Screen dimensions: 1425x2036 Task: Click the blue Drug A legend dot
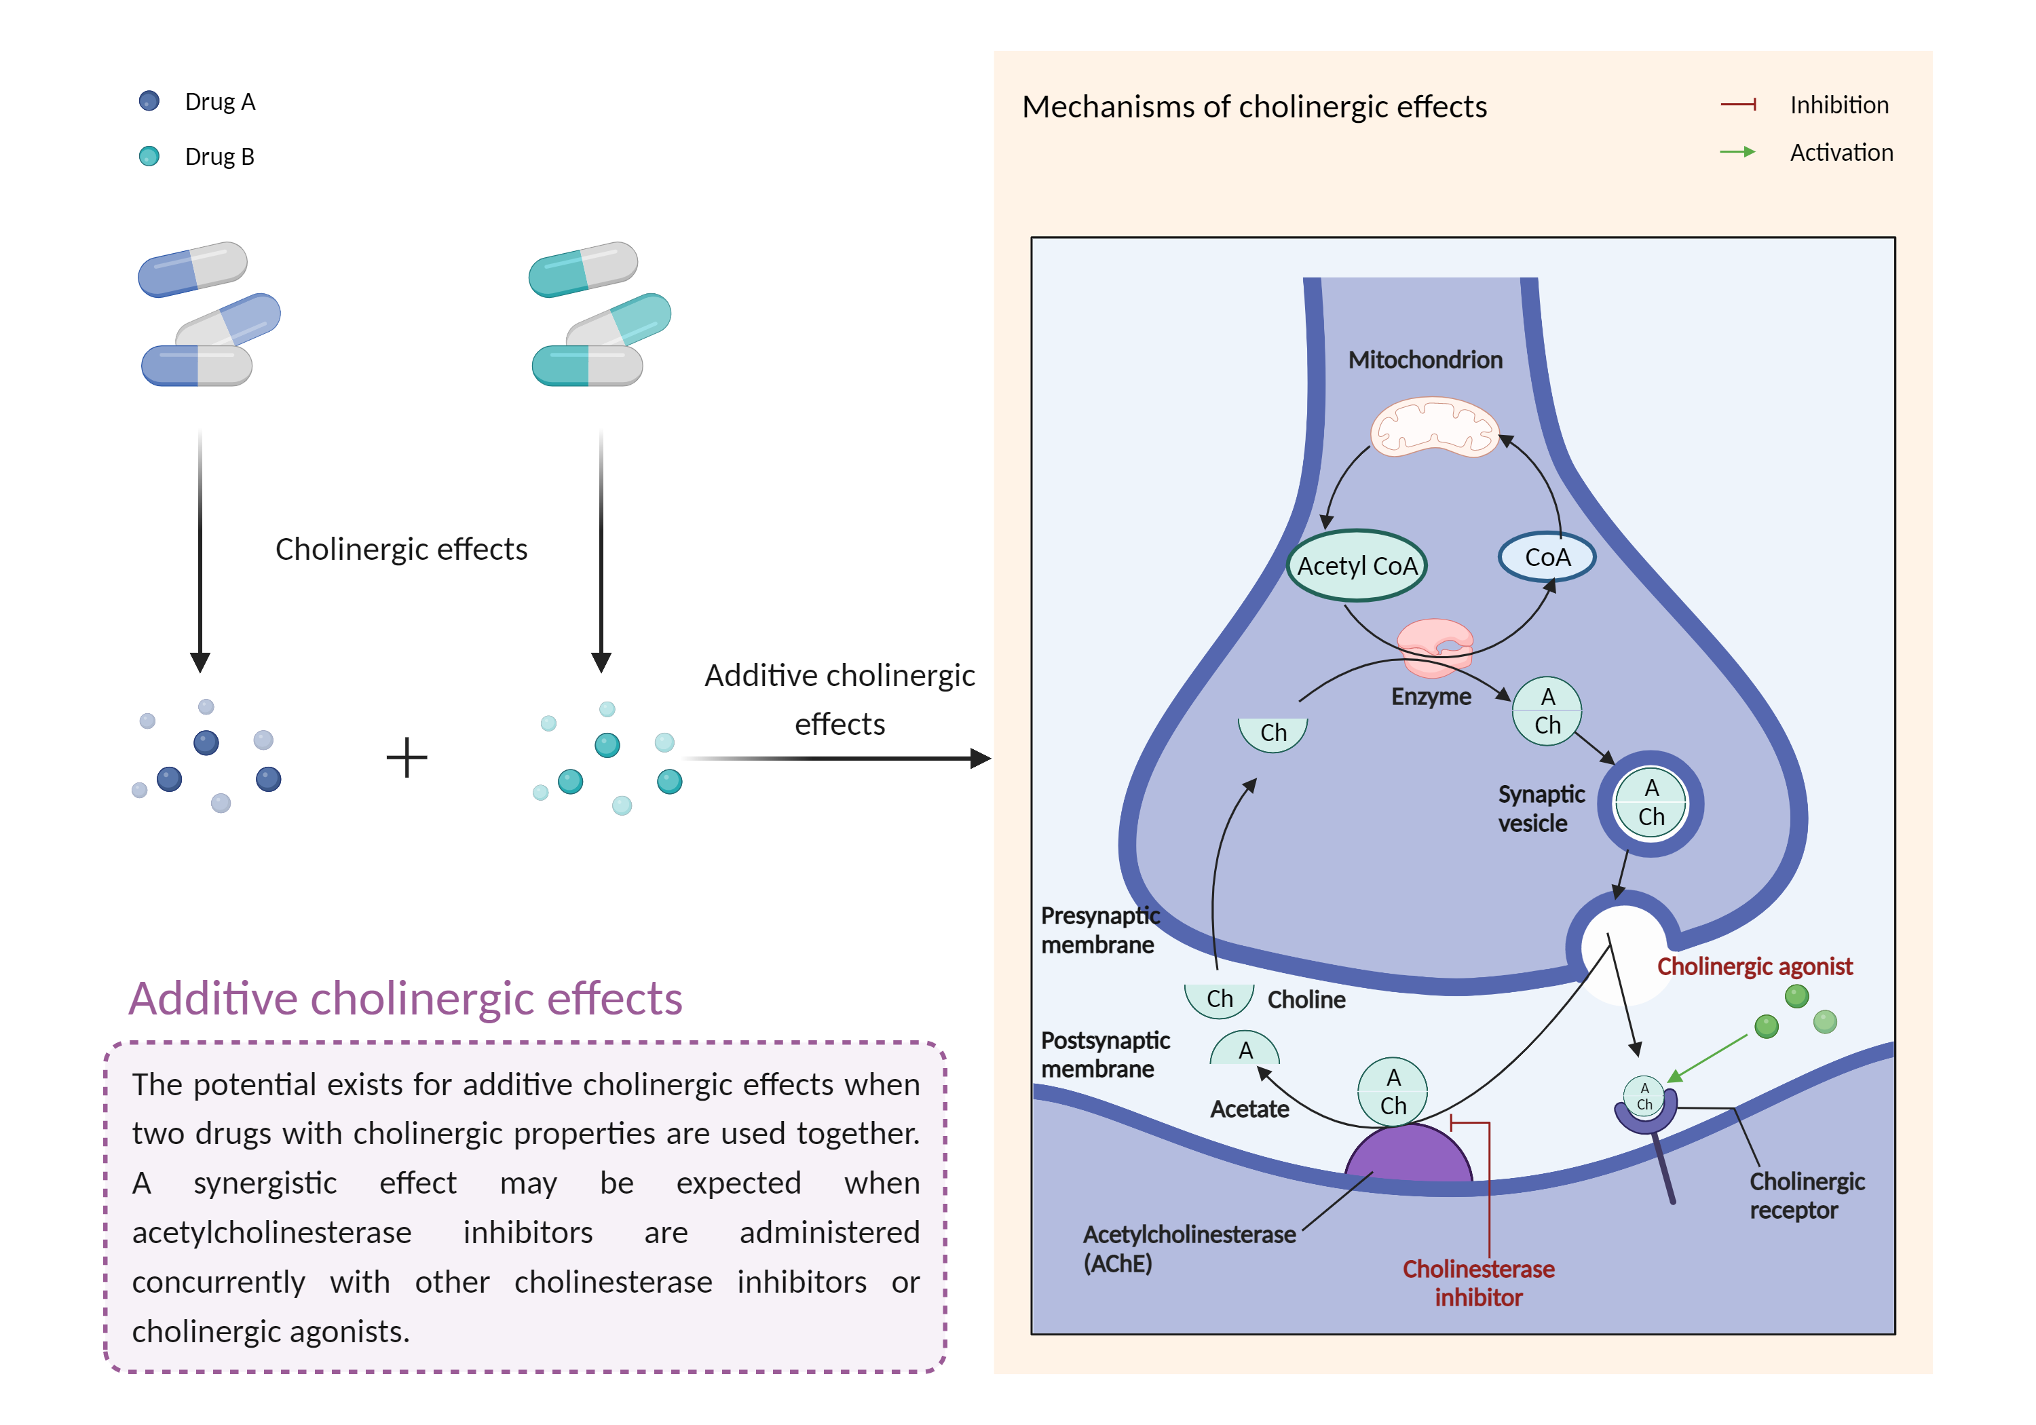pyautogui.click(x=149, y=101)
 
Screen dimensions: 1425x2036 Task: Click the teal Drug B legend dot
pyautogui.click(x=149, y=156)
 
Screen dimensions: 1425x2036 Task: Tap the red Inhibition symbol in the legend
pyautogui.click(x=1738, y=104)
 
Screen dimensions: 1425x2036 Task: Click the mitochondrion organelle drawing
pyautogui.click(x=1434, y=427)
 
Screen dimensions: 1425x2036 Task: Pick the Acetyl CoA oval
pyautogui.click(x=1356, y=566)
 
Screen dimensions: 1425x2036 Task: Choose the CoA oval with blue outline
pyautogui.click(x=1547, y=557)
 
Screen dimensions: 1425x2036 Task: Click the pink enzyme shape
pyautogui.click(x=1434, y=645)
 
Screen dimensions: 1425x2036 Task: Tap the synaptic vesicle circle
pyautogui.click(x=1651, y=803)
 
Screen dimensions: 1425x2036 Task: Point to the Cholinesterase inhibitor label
pyautogui.click(x=1478, y=1283)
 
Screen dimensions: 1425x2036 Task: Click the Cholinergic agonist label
pyautogui.click(x=1754, y=966)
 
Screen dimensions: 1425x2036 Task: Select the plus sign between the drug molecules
pyautogui.click(x=407, y=758)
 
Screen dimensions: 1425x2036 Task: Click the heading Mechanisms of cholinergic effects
pyautogui.click(x=1254, y=107)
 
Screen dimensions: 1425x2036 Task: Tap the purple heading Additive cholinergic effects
pyautogui.click(x=405, y=998)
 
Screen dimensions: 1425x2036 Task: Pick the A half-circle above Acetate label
pyautogui.click(x=1245, y=1050)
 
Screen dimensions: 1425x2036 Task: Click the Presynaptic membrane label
pyautogui.click(x=1099, y=930)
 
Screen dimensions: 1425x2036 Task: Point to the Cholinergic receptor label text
pyautogui.click(x=1807, y=1196)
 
